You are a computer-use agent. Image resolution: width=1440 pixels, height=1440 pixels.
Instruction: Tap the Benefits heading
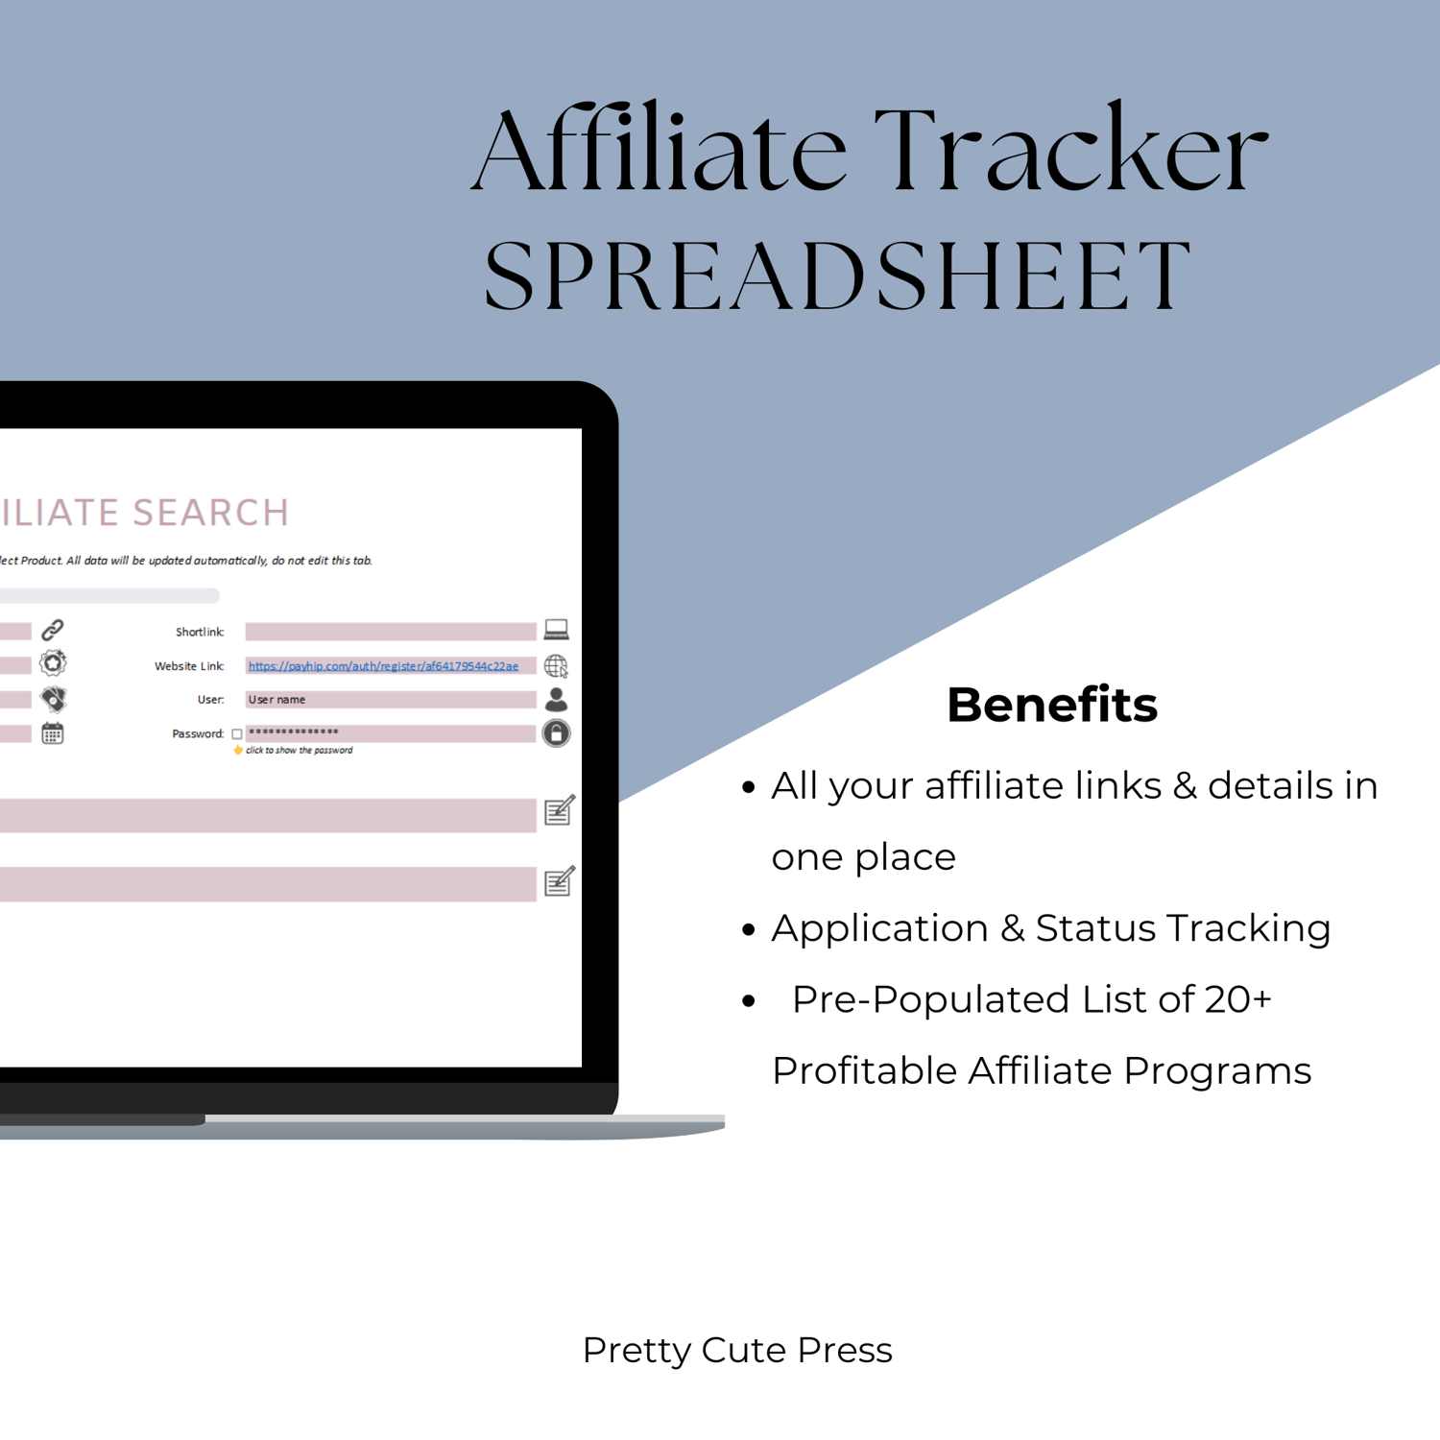pyautogui.click(x=1052, y=704)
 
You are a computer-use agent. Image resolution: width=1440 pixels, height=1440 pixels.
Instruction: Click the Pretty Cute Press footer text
pyautogui.click(x=737, y=1350)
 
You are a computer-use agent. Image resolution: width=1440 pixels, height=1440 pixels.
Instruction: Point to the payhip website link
pyautogui.click(x=383, y=665)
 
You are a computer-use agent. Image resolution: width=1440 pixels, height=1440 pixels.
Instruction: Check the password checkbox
pyautogui.click(x=237, y=734)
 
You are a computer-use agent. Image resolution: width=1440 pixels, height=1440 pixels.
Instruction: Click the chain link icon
pyautogui.click(x=53, y=630)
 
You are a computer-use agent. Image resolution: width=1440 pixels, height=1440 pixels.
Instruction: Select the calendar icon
pyautogui.click(x=53, y=733)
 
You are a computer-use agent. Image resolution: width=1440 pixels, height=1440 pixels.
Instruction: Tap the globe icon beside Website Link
pyautogui.click(x=556, y=665)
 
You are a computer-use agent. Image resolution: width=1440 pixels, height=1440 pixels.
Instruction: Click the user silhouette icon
pyautogui.click(x=556, y=699)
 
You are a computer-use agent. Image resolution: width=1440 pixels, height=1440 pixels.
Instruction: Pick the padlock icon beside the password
pyautogui.click(x=556, y=732)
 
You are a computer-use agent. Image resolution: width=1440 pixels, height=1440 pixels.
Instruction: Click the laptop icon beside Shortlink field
pyautogui.click(x=556, y=630)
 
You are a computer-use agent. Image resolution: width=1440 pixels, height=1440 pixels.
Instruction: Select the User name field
pyautogui.click(x=391, y=700)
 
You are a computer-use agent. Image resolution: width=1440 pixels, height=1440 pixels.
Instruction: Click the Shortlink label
pyautogui.click(x=200, y=632)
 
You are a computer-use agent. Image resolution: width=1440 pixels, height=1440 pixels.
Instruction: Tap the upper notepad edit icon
pyautogui.click(x=560, y=810)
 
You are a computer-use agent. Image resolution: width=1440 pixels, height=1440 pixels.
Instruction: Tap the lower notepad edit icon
pyautogui.click(x=560, y=881)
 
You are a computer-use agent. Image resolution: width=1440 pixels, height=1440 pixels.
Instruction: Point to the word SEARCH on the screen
pyautogui.click(x=210, y=513)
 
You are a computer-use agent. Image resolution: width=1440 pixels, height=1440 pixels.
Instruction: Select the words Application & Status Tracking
pyautogui.click(x=1051, y=928)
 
